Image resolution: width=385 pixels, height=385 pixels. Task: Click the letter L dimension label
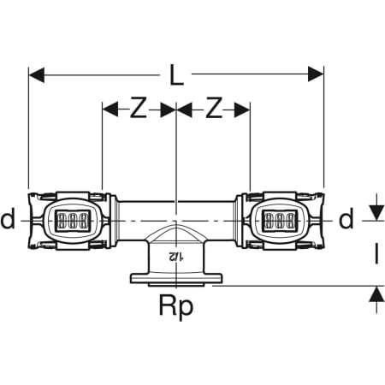coord(177,75)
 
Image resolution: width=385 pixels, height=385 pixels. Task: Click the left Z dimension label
coord(139,108)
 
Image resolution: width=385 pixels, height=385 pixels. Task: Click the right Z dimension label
coord(214,108)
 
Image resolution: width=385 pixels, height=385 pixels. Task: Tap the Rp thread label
coord(176,306)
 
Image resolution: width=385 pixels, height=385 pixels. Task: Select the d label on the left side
coord(8,218)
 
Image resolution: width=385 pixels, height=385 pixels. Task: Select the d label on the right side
coord(346,218)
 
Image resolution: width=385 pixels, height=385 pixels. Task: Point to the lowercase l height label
coord(376,254)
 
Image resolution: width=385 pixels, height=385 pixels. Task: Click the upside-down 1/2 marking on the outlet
coord(176,257)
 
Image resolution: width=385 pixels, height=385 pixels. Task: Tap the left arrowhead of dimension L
coord(37,75)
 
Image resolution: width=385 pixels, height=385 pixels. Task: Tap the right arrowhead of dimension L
coord(316,74)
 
